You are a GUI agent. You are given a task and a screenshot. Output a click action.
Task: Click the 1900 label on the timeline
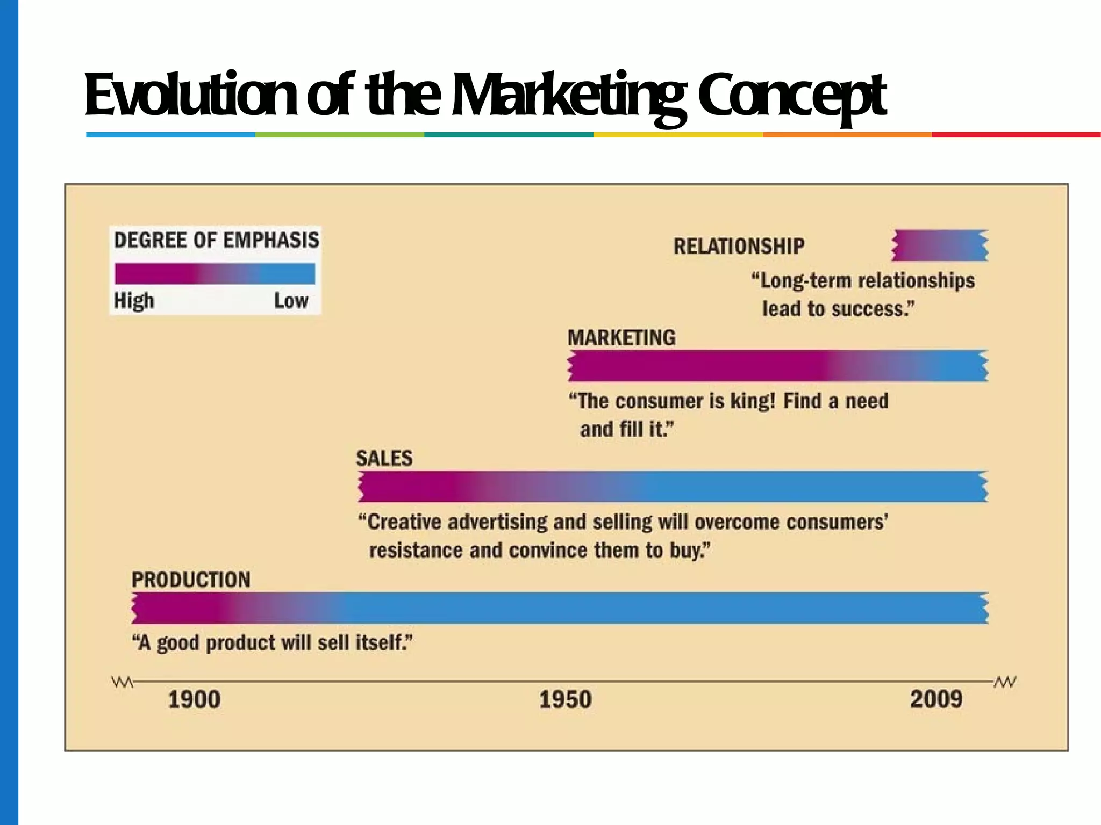point(194,700)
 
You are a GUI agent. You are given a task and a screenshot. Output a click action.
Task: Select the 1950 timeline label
point(565,700)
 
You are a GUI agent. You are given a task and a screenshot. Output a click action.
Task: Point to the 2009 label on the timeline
point(936,700)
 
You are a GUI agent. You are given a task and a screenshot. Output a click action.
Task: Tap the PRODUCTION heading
point(191,580)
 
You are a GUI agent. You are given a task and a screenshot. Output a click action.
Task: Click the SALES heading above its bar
point(384,458)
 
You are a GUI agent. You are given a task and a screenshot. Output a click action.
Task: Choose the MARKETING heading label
point(621,338)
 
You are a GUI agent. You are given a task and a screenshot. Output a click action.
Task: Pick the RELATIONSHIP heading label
point(739,247)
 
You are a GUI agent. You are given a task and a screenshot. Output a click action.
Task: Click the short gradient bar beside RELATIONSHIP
point(940,245)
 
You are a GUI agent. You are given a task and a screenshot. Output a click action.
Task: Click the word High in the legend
point(134,301)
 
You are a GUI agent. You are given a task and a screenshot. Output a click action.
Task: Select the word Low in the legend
point(291,301)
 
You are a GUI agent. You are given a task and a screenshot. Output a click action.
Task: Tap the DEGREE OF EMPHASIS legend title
point(217,240)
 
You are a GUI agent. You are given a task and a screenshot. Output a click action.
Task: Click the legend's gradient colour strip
point(215,273)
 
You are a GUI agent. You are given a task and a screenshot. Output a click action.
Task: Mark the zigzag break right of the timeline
point(1004,683)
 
